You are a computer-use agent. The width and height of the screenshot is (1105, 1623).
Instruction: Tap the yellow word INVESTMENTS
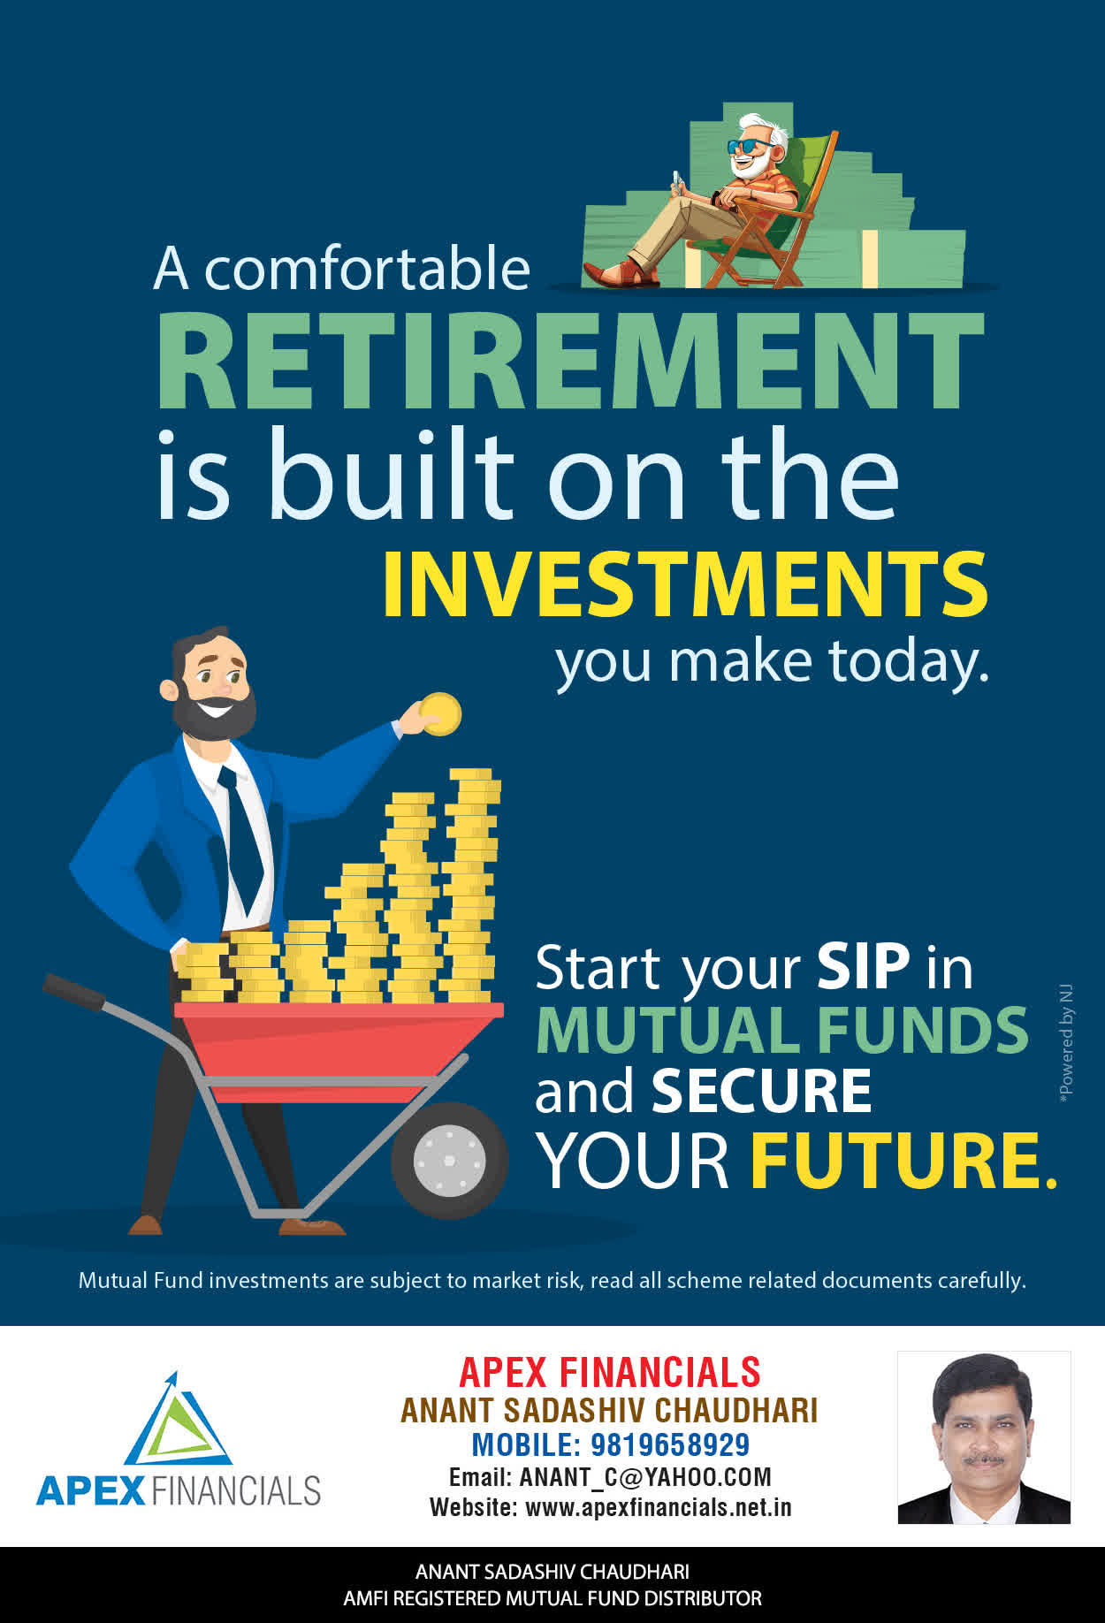coord(685,584)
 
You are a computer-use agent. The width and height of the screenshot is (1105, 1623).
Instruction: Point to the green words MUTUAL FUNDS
coord(781,1030)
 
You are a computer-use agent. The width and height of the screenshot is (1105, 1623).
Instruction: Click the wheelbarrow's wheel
coord(449,1160)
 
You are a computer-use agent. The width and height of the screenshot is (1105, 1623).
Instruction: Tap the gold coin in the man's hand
coord(439,714)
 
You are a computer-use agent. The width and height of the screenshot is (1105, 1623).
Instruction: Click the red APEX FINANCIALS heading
coord(610,1373)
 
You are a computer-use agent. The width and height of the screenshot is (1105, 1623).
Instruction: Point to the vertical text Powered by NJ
coord(1067,1043)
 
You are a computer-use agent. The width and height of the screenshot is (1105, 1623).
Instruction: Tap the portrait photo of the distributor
coord(984,1437)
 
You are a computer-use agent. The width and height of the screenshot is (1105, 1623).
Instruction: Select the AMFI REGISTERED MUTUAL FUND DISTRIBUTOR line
coord(552,1598)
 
